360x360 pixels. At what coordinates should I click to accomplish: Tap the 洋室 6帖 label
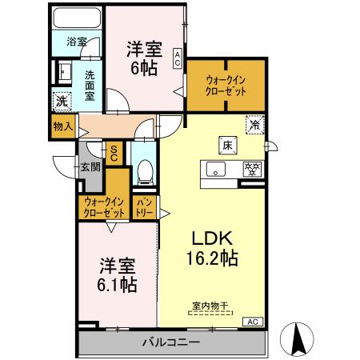(x=144, y=58)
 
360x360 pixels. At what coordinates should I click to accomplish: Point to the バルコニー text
(x=171, y=343)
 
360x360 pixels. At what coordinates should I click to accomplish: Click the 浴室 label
(x=77, y=40)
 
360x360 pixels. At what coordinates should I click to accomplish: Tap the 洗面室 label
(x=90, y=83)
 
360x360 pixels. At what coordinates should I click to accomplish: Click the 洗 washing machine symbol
(x=62, y=101)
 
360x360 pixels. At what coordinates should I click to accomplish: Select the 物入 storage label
(x=63, y=126)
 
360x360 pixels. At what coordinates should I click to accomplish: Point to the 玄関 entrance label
(x=90, y=167)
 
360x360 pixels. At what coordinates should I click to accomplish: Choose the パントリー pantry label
(x=145, y=207)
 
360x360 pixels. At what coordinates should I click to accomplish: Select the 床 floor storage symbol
(x=227, y=146)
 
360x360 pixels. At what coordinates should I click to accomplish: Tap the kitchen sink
(x=214, y=169)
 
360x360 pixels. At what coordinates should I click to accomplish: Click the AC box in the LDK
(x=253, y=322)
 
